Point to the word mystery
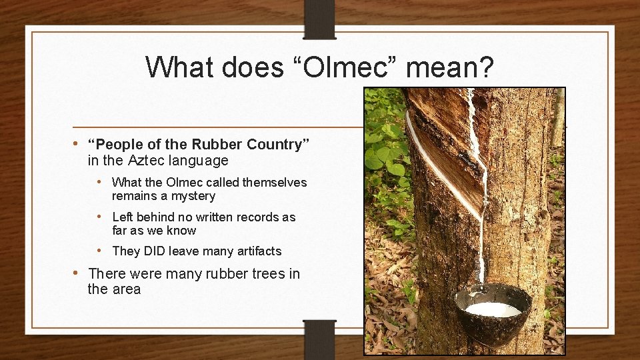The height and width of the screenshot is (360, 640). pos(193,196)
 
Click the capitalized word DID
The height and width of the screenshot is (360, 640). pos(153,251)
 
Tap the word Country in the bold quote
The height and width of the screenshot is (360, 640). pos(277,145)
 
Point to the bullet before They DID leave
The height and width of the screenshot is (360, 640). pos(99,251)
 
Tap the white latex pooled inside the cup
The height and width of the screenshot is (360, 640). pos(493,309)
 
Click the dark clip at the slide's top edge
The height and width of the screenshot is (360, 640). pos(319,19)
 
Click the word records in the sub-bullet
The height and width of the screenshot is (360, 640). pos(261,217)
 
